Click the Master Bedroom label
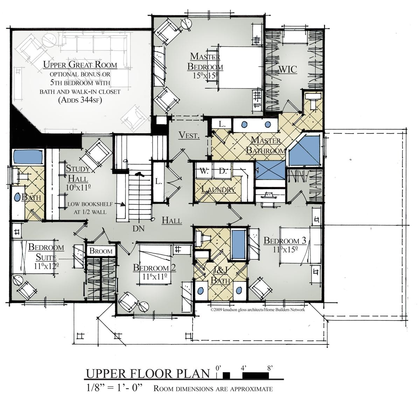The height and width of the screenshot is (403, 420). click(x=205, y=62)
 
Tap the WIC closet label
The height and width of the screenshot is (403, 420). click(x=287, y=69)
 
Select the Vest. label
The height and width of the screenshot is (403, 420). click(x=189, y=135)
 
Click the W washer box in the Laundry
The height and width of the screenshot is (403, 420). click(x=203, y=171)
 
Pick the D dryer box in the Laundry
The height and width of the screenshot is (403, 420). click(x=223, y=171)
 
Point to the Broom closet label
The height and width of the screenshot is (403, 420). click(x=101, y=251)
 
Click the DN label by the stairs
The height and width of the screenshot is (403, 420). click(x=139, y=228)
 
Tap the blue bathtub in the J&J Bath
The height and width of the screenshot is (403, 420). click(x=239, y=243)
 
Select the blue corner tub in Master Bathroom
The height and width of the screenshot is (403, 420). click(x=305, y=151)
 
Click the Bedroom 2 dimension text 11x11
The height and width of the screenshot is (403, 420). click(x=154, y=276)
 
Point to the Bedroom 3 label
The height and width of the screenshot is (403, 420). click(x=285, y=240)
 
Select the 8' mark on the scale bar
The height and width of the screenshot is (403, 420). click(x=269, y=368)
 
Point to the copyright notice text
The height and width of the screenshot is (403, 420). click(x=258, y=310)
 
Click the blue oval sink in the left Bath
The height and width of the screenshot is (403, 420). click(x=17, y=197)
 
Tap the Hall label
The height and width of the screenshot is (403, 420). click(x=171, y=220)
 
